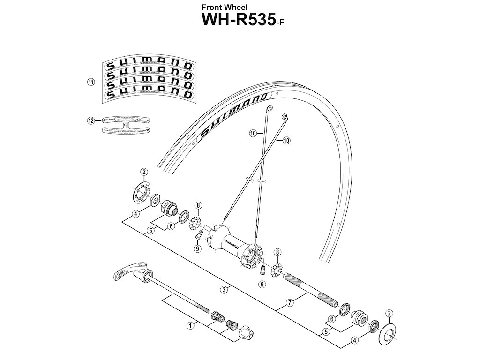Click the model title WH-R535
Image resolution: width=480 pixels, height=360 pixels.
pos(240,21)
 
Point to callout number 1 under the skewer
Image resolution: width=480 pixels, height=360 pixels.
pos(190,324)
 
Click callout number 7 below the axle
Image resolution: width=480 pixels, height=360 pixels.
pos(290,303)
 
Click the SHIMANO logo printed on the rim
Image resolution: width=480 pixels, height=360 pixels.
pos(232,115)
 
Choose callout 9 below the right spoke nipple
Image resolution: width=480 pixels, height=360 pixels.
pos(262,284)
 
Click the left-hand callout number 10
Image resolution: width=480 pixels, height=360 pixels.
pos(253,134)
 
